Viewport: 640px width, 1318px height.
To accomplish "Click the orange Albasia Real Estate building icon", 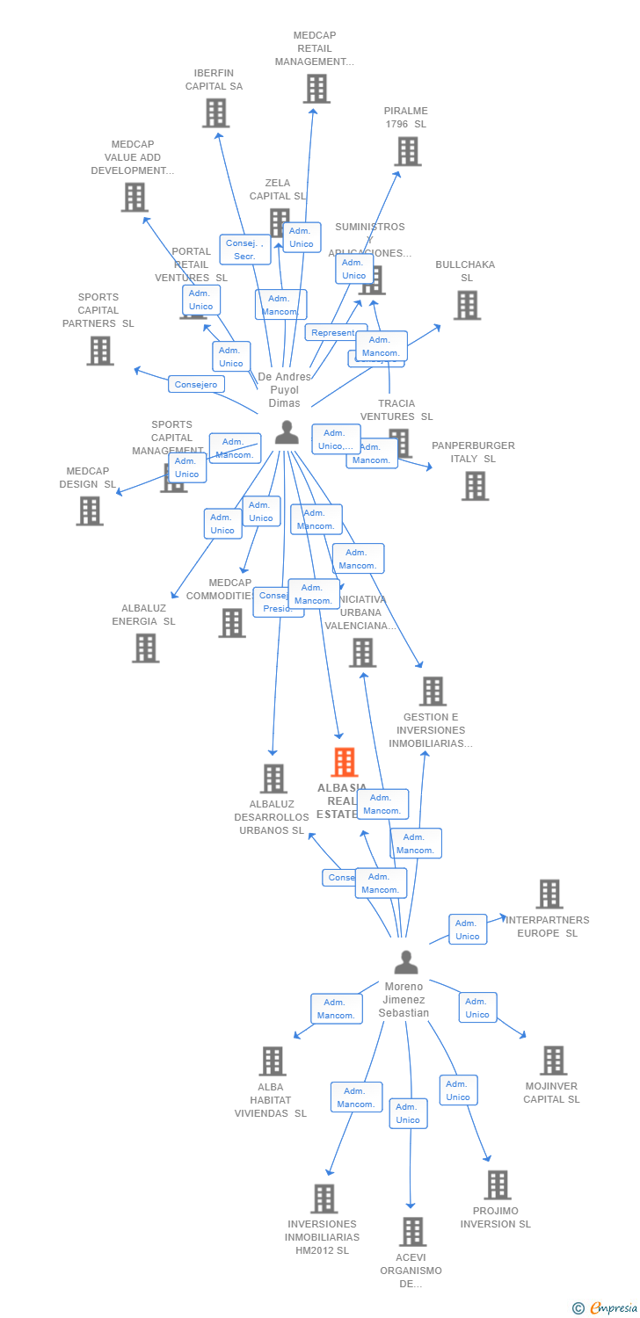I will pyautogui.click(x=345, y=762).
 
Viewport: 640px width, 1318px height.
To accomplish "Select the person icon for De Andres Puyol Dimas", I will pyautogui.click(x=287, y=432).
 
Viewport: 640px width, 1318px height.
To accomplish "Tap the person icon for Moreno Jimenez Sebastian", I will pyautogui.click(x=405, y=963).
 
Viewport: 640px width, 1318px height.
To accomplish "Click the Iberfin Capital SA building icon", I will pyautogui.click(x=215, y=113).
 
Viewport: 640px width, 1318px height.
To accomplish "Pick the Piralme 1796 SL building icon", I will pyautogui.click(x=407, y=151).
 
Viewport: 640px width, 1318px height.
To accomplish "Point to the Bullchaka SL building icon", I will pyautogui.click(x=467, y=305).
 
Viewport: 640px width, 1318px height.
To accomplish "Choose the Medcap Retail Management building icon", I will pyautogui.click(x=316, y=89).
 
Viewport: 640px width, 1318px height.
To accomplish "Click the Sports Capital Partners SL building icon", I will pyautogui.click(x=100, y=351).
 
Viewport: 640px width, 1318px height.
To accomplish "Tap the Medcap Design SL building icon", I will pyautogui.click(x=90, y=511).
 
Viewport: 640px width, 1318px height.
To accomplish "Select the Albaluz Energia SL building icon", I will pyautogui.click(x=145, y=648).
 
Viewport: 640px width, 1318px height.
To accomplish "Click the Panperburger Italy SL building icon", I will pyautogui.click(x=475, y=486).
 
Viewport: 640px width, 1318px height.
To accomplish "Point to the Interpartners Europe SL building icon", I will pyautogui.click(x=549, y=894).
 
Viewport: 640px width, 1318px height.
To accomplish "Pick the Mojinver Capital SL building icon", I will pyautogui.click(x=553, y=1061).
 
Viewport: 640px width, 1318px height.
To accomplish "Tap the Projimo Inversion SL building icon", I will pyautogui.click(x=498, y=1184).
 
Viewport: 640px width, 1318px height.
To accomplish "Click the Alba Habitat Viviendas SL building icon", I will pyautogui.click(x=273, y=1061).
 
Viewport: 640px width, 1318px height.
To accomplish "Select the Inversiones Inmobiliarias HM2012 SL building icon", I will pyautogui.click(x=324, y=1199).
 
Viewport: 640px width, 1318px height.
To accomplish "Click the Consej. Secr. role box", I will pyautogui.click(x=239, y=250).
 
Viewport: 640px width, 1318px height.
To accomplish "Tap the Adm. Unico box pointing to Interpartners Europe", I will pyautogui.click(x=468, y=930).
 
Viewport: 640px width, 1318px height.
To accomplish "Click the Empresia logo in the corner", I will pyautogui.click(x=606, y=1308).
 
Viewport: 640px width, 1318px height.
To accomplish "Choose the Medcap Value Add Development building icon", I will pyautogui.click(x=134, y=198).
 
